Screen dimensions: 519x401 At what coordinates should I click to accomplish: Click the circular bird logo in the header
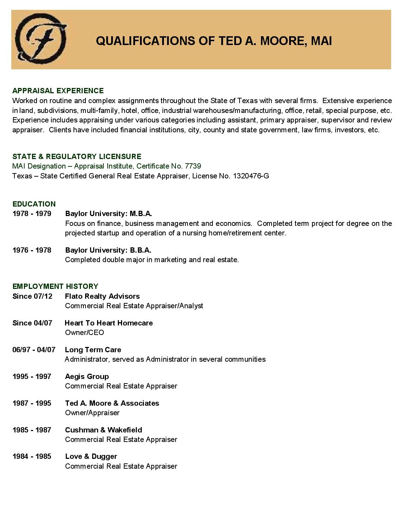[x=41, y=39]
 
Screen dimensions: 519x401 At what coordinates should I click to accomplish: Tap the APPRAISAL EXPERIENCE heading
[x=58, y=91]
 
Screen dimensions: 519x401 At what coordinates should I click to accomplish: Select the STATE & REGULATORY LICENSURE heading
[x=77, y=157]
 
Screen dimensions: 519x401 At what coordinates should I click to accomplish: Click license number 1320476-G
[x=251, y=176]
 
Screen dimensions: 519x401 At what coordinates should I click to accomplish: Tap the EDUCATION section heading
[x=34, y=204]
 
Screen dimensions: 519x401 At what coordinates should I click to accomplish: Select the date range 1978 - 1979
[x=32, y=214]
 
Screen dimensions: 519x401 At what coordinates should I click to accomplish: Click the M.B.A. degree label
[x=141, y=214]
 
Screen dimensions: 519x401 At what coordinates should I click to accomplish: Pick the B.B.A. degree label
[x=140, y=250]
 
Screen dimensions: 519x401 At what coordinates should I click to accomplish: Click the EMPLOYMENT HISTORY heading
[x=55, y=286]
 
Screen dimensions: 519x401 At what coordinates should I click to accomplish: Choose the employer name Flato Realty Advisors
[x=102, y=296]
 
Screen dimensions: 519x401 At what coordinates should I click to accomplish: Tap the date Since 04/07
[x=32, y=323]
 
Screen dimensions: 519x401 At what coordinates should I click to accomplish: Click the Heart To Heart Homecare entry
[x=109, y=323]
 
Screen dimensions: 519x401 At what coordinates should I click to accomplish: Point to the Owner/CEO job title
[x=84, y=333]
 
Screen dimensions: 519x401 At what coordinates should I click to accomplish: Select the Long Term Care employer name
[x=93, y=350]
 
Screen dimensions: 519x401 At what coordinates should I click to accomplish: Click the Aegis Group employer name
[x=87, y=376]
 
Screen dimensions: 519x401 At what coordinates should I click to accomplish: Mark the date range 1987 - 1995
[x=32, y=403]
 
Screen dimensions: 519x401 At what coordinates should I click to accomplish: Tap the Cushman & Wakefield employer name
[x=103, y=430]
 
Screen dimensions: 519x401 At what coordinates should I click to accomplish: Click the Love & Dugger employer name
[x=91, y=456]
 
